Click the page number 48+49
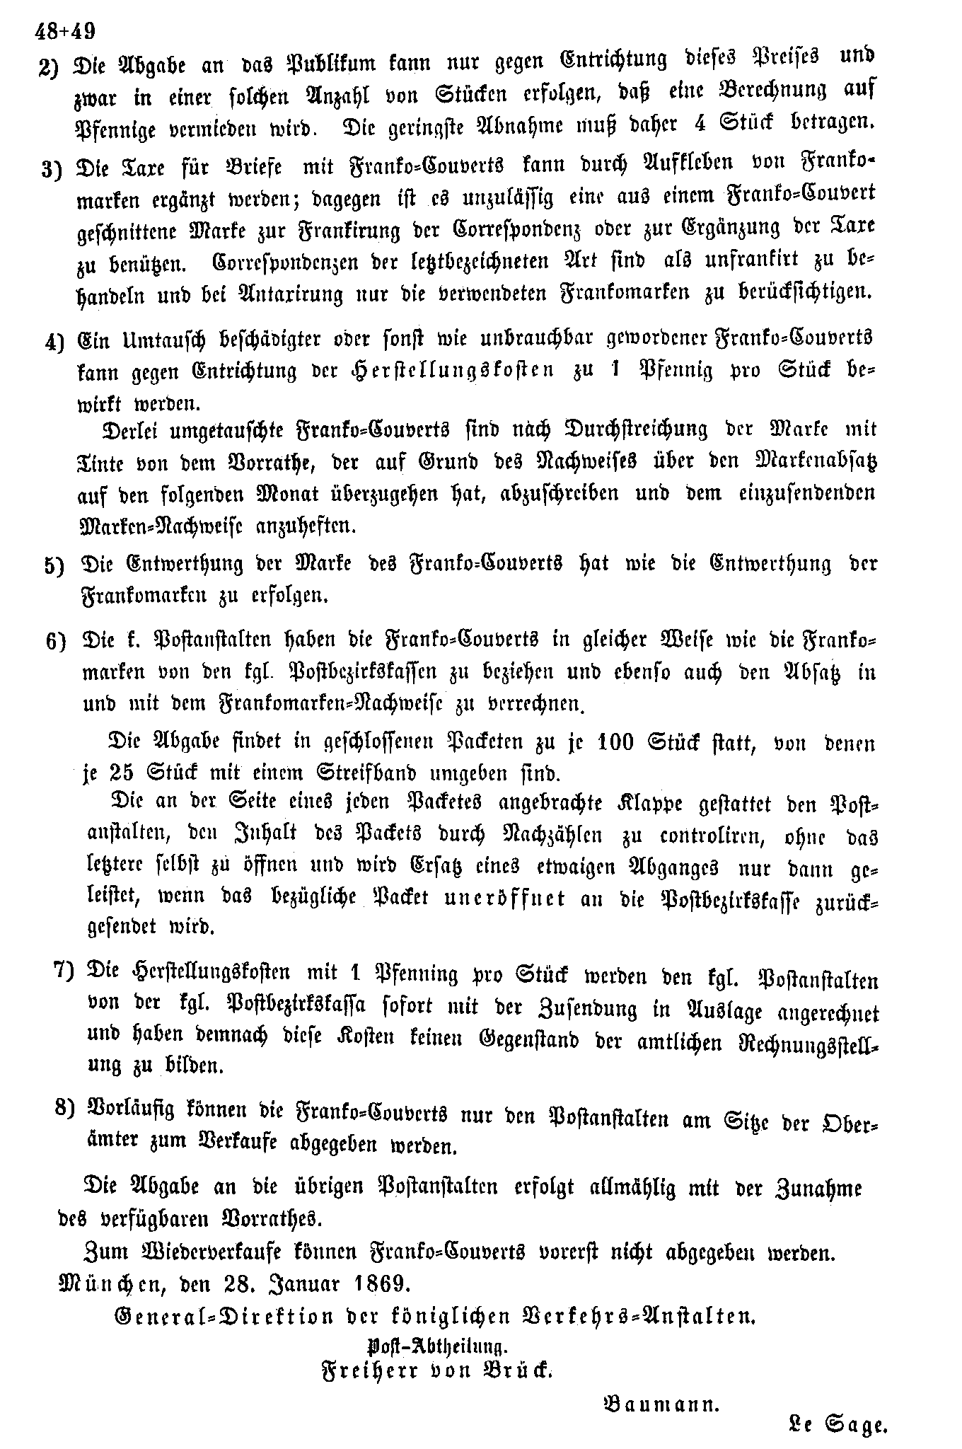pyautogui.click(x=64, y=32)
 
